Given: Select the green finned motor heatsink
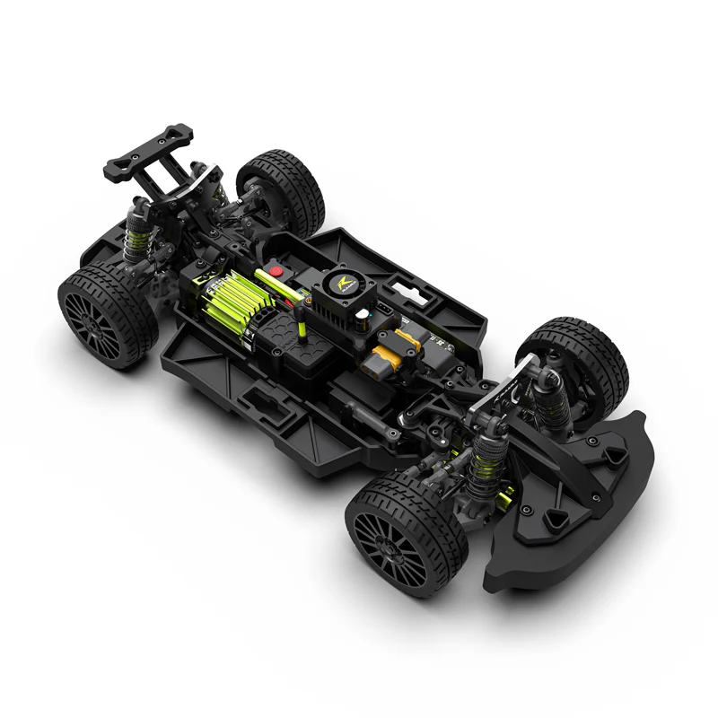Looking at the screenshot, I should click(229, 301).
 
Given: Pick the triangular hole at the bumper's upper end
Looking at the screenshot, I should click(614, 458).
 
